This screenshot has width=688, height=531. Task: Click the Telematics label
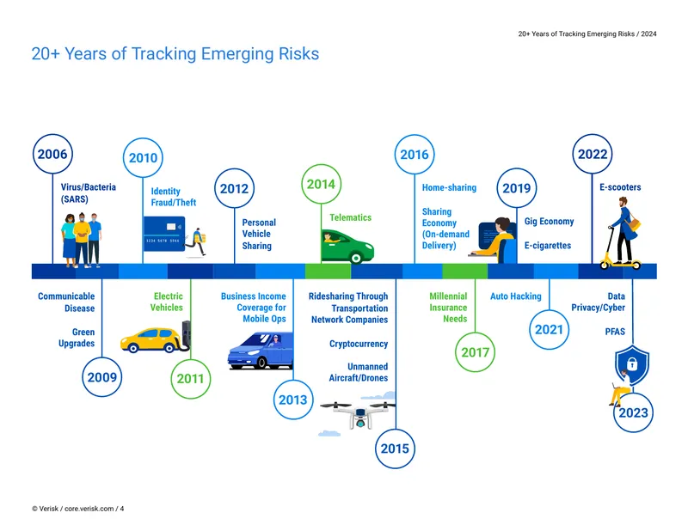[x=351, y=217]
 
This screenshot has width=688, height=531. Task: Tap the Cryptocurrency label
[x=359, y=344]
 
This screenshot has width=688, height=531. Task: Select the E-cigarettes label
[x=548, y=246]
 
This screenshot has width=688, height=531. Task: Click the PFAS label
[x=615, y=332]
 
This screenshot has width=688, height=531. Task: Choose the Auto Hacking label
[x=515, y=296]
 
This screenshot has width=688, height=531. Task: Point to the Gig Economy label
[x=549, y=222]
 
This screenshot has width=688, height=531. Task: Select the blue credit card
[x=164, y=234]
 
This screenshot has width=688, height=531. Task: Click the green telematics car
[x=347, y=247]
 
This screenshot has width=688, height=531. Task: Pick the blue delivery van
[x=261, y=351]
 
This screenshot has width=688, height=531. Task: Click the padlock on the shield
[x=632, y=363]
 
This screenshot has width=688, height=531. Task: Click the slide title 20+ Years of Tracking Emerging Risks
[x=175, y=54]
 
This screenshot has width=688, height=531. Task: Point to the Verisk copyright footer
[x=77, y=509]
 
